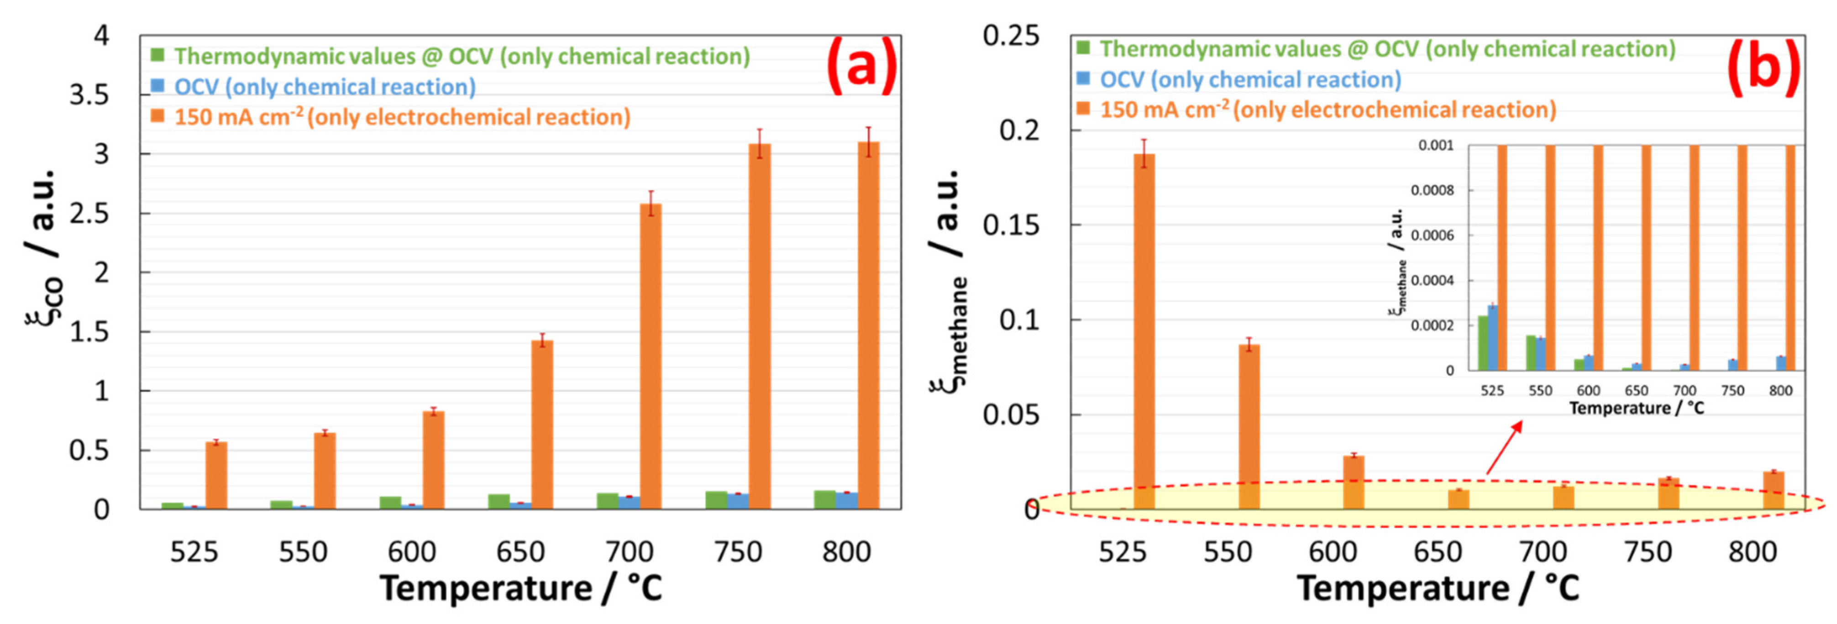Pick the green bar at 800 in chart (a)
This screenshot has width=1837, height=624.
tap(824, 499)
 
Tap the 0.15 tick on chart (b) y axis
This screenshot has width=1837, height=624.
tap(1011, 225)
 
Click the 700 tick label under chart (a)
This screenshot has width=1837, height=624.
tap(629, 552)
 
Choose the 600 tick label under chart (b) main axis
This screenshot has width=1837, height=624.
tap(1332, 552)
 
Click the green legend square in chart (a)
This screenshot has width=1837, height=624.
tap(157, 55)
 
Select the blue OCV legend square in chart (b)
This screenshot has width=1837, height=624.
tap(1083, 79)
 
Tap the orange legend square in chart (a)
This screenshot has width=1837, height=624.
tap(157, 115)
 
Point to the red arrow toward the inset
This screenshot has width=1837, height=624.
tap(1504, 447)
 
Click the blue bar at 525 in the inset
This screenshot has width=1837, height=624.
tap(1493, 338)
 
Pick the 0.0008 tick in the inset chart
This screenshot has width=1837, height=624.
tap(1432, 190)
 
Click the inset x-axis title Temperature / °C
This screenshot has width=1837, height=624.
tap(1636, 409)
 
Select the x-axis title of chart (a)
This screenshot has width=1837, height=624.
tap(520, 589)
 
